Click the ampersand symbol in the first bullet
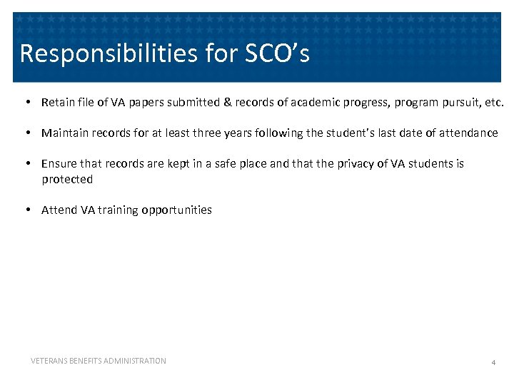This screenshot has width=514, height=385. coord(228,102)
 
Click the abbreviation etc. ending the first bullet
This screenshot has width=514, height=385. coord(493,102)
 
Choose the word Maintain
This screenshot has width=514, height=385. coord(64,133)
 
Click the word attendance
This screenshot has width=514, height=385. coord(468,133)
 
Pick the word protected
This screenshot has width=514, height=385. coord(67,179)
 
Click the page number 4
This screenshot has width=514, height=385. coord(493,363)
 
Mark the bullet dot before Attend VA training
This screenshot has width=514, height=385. coord(27,210)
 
